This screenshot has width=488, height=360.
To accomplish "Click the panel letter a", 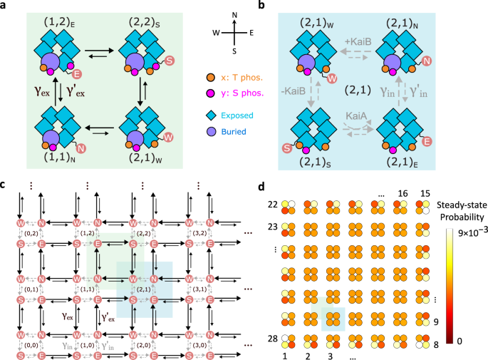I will [x=5, y=6].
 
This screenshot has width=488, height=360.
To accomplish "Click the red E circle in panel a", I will [x=76, y=75].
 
